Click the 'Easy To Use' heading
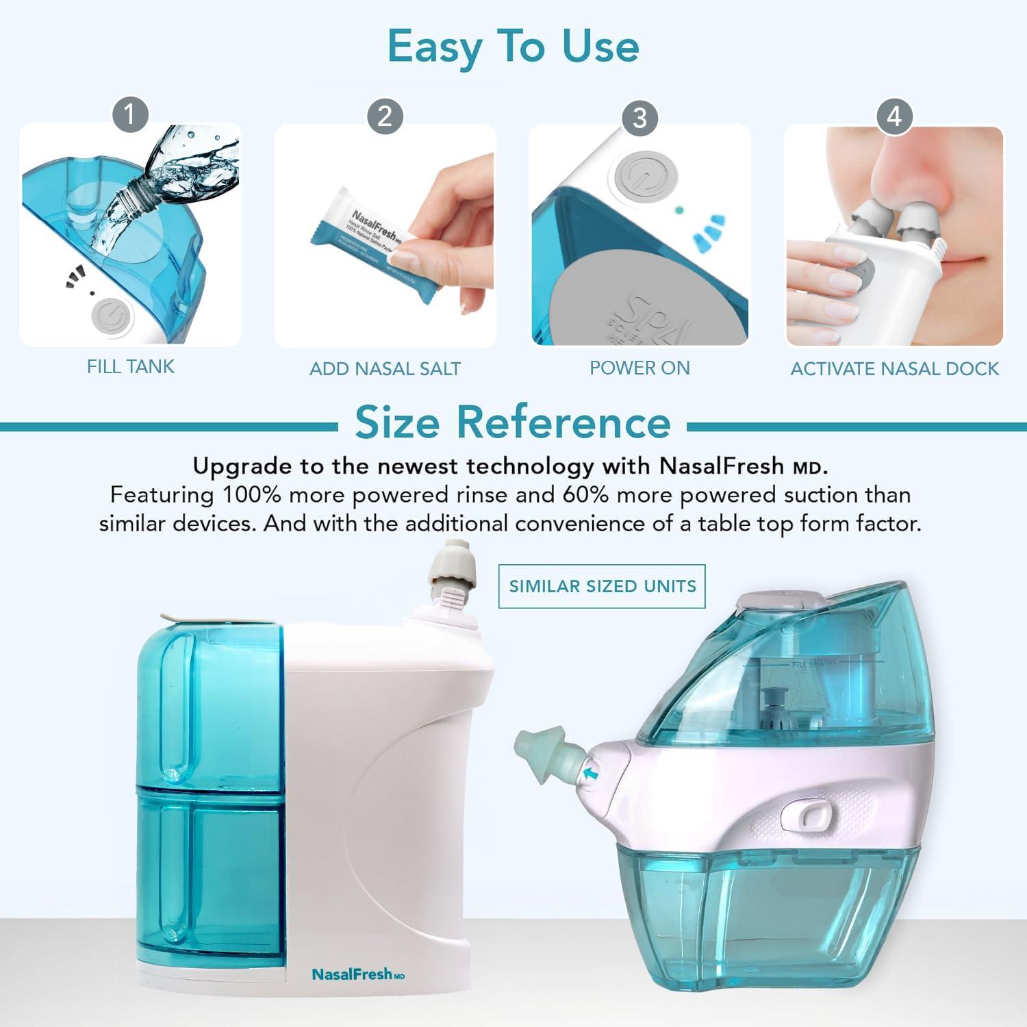tap(513, 47)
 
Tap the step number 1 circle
tap(130, 114)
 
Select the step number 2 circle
tap(385, 116)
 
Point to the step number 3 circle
tap(639, 118)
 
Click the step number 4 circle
tap(894, 116)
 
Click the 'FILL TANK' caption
tap(130, 367)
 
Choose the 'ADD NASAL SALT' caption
tap(385, 369)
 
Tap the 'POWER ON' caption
tap(639, 368)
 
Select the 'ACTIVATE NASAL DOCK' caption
tap(894, 369)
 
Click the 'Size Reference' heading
tap(513, 422)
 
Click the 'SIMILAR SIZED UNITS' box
tap(602, 586)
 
